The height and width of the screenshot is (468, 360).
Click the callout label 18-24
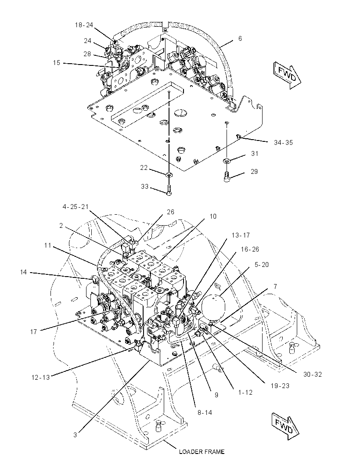[x=84, y=25]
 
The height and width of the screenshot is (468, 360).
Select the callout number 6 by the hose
[x=240, y=39]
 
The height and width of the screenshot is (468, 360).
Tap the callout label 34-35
[x=283, y=143]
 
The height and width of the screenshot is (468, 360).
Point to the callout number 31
[x=254, y=153]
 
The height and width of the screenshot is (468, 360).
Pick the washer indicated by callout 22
[x=169, y=174]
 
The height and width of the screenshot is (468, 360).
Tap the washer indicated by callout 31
[x=227, y=161]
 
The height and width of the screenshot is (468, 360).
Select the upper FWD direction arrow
[x=287, y=75]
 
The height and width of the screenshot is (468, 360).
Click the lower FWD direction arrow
[x=285, y=427]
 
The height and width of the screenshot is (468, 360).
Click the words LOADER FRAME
[x=202, y=452]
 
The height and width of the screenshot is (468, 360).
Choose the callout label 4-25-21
[x=76, y=206]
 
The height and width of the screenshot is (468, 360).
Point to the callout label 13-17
[x=241, y=235]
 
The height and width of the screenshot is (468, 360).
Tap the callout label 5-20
[x=262, y=264]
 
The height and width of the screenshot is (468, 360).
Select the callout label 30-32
[x=313, y=374]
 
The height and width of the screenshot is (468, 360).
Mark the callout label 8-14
[x=205, y=413]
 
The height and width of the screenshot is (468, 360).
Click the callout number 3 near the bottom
[x=75, y=435]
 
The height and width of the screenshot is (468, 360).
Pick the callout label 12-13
[x=40, y=377]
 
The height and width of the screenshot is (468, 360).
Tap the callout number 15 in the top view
[x=57, y=63]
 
